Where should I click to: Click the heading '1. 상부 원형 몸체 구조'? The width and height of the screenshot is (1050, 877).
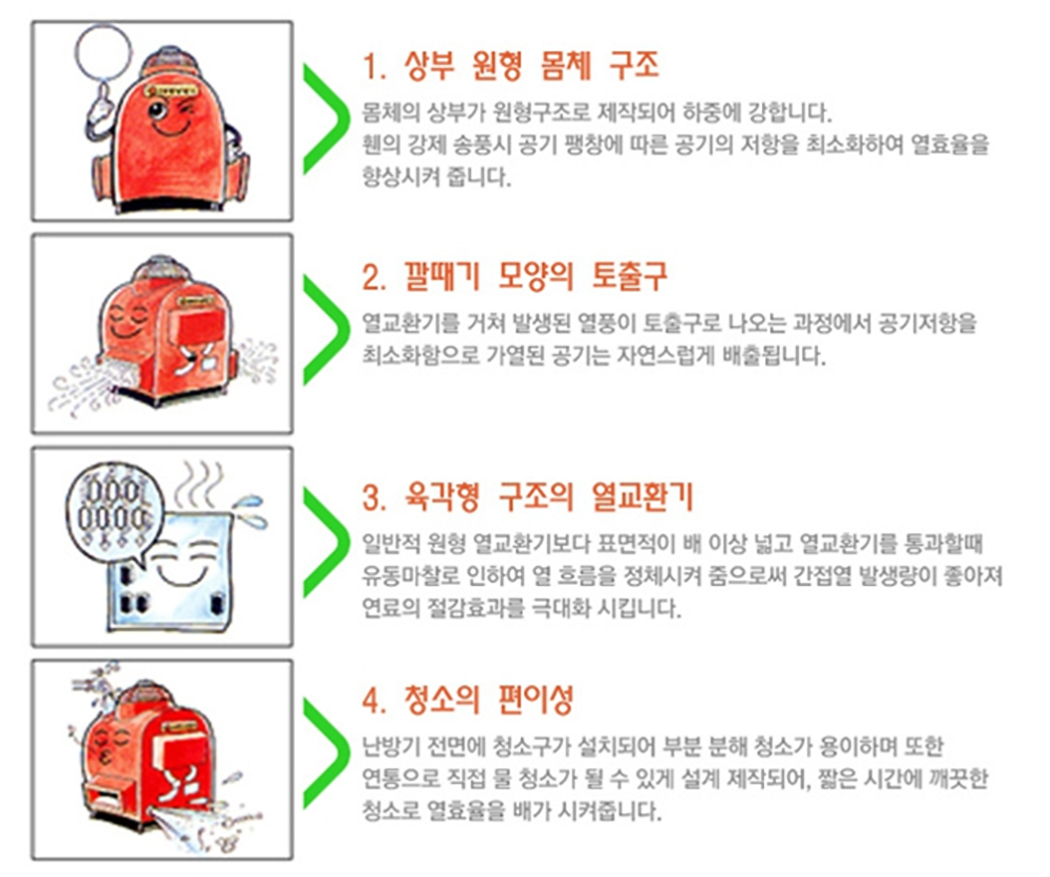point(510,66)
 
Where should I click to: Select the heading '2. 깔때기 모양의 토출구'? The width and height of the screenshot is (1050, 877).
point(514,276)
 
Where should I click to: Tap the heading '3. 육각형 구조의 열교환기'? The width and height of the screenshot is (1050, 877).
point(527,496)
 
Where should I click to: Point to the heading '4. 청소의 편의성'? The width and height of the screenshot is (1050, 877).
point(467,700)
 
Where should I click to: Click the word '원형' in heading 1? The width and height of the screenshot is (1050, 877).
point(497,66)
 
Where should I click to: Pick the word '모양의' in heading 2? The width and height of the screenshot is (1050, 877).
point(536,276)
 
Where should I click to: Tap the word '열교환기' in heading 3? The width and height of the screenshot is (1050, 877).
point(642,496)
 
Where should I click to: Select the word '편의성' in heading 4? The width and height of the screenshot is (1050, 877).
point(536,700)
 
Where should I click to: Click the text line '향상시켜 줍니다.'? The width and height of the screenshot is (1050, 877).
point(436,176)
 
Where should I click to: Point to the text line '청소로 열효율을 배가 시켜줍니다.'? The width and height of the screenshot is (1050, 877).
point(512,811)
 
